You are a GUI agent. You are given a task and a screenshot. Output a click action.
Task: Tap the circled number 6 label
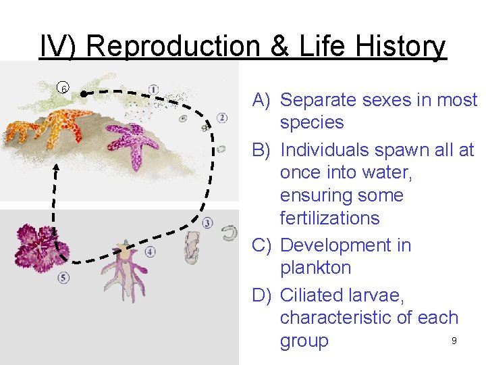pos(63,89)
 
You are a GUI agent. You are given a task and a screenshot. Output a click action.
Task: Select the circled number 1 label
pos(154,89)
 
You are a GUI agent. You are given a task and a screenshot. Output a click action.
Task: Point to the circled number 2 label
pos(222,118)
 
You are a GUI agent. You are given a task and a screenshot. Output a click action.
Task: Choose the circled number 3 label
pos(207,222)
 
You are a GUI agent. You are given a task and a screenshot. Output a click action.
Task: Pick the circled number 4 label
pos(150,251)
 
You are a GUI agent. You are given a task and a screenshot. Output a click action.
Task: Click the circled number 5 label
pos(63,277)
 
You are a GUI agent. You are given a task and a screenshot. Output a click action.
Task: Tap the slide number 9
pos(454,341)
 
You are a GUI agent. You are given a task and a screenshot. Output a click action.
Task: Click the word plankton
pos(315,268)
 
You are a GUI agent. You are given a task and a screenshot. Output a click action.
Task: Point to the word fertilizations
pos(329,218)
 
